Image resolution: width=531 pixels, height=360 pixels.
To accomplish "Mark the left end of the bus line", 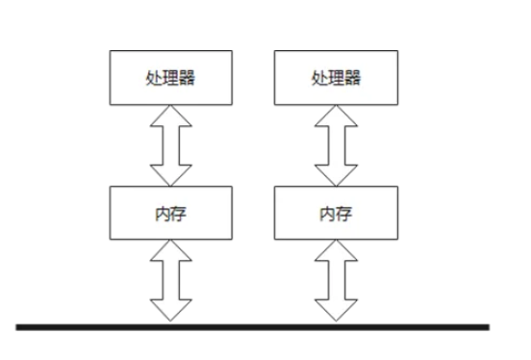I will (x=18, y=327).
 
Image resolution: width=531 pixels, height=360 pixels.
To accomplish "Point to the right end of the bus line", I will (x=487, y=327).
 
